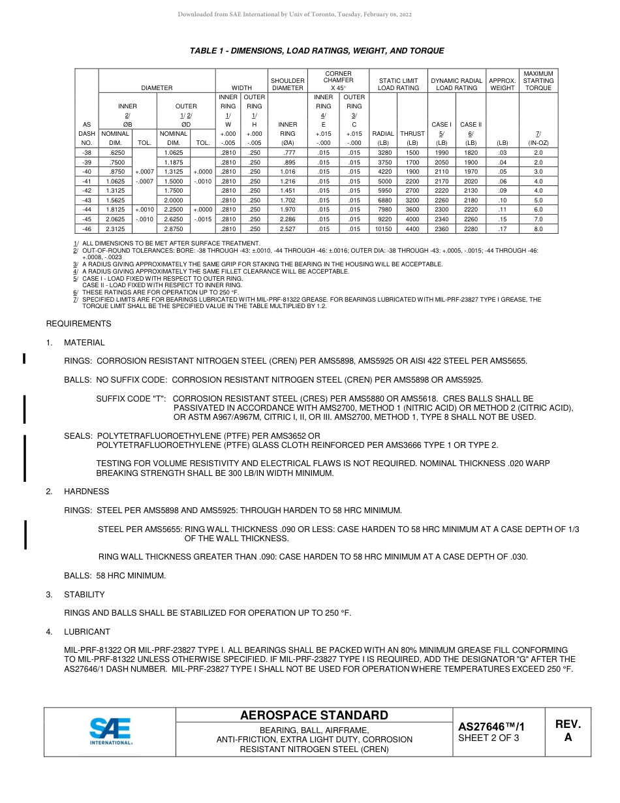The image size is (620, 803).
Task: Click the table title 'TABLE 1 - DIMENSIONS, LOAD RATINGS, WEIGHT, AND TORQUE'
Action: [x=317, y=51]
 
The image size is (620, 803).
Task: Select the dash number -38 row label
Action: [x=87, y=152]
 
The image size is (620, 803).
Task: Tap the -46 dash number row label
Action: [x=87, y=229]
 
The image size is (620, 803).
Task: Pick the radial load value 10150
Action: [x=383, y=229]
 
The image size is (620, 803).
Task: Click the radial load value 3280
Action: [x=383, y=152]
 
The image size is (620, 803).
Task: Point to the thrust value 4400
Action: [x=412, y=229]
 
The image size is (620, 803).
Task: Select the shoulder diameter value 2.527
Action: [x=288, y=229]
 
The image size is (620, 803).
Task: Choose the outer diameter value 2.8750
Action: [x=173, y=229]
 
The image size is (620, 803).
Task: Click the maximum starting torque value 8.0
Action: [x=538, y=229]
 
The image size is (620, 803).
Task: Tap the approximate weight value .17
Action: [x=502, y=229]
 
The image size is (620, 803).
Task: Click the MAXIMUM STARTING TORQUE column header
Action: [x=538, y=81]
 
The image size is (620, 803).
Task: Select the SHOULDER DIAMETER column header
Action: [x=288, y=84]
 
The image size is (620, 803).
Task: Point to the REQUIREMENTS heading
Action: [x=78, y=324]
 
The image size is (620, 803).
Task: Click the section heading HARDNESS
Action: [x=86, y=492]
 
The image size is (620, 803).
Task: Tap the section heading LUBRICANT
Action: [x=87, y=632]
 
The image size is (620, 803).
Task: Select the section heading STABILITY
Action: [x=84, y=595]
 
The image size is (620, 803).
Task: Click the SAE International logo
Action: [x=110, y=732]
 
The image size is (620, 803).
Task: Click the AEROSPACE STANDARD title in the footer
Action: [x=314, y=716]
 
